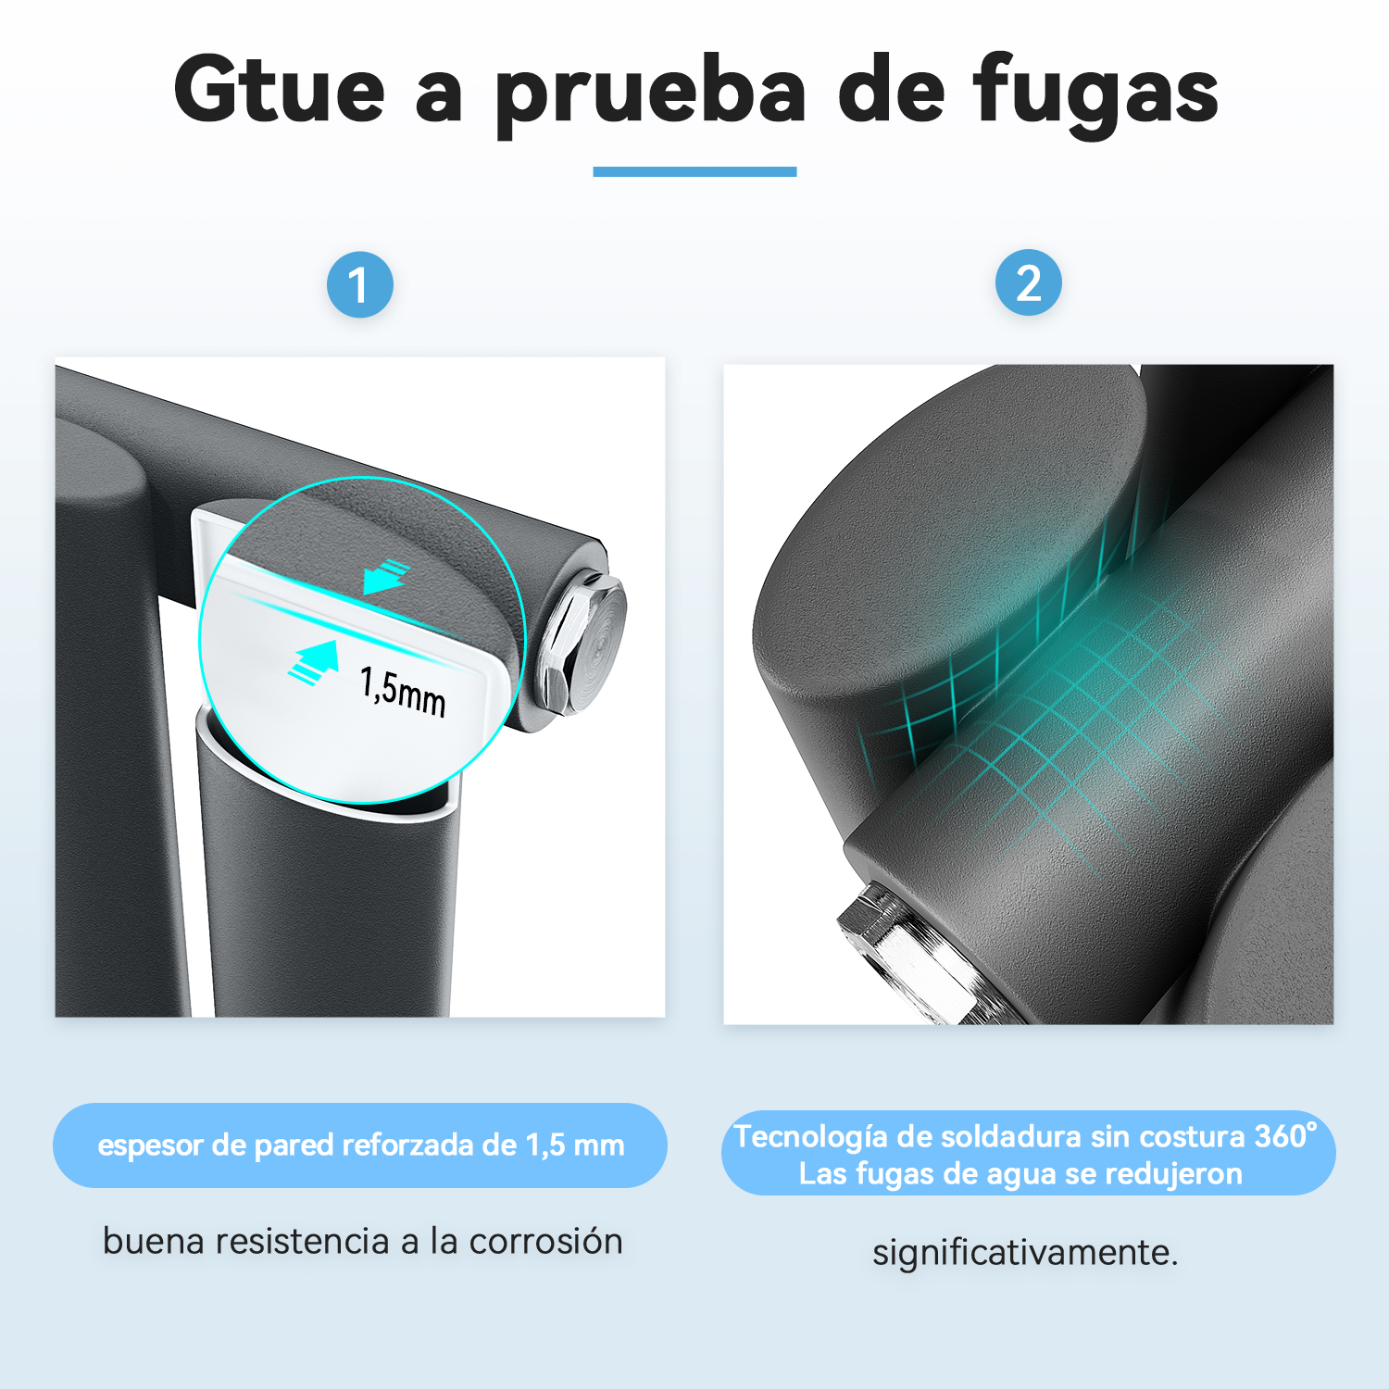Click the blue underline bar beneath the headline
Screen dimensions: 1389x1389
point(694,171)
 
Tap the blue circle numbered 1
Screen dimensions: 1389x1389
point(360,284)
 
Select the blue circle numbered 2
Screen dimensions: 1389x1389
point(1028,282)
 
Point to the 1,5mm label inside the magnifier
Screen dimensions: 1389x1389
point(404,691)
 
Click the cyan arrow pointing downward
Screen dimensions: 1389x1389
point(385,576)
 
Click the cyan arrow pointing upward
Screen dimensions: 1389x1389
point(314,661)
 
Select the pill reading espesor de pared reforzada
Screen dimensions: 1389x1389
point(360,1145)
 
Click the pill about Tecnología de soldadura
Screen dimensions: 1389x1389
point(1028,1153)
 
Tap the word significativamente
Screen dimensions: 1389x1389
point(1025,1253)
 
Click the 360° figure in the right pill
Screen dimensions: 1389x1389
point(1286,1135)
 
